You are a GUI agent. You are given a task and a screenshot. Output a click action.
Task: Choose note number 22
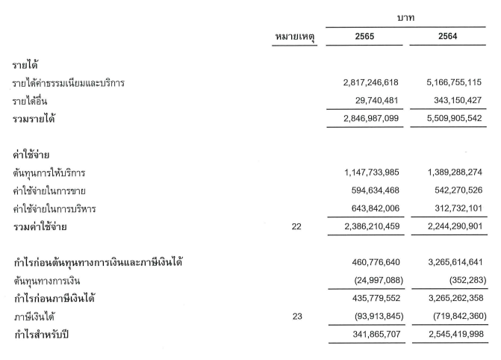[297, 226]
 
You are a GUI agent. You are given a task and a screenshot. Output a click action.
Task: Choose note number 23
[297, 316]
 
